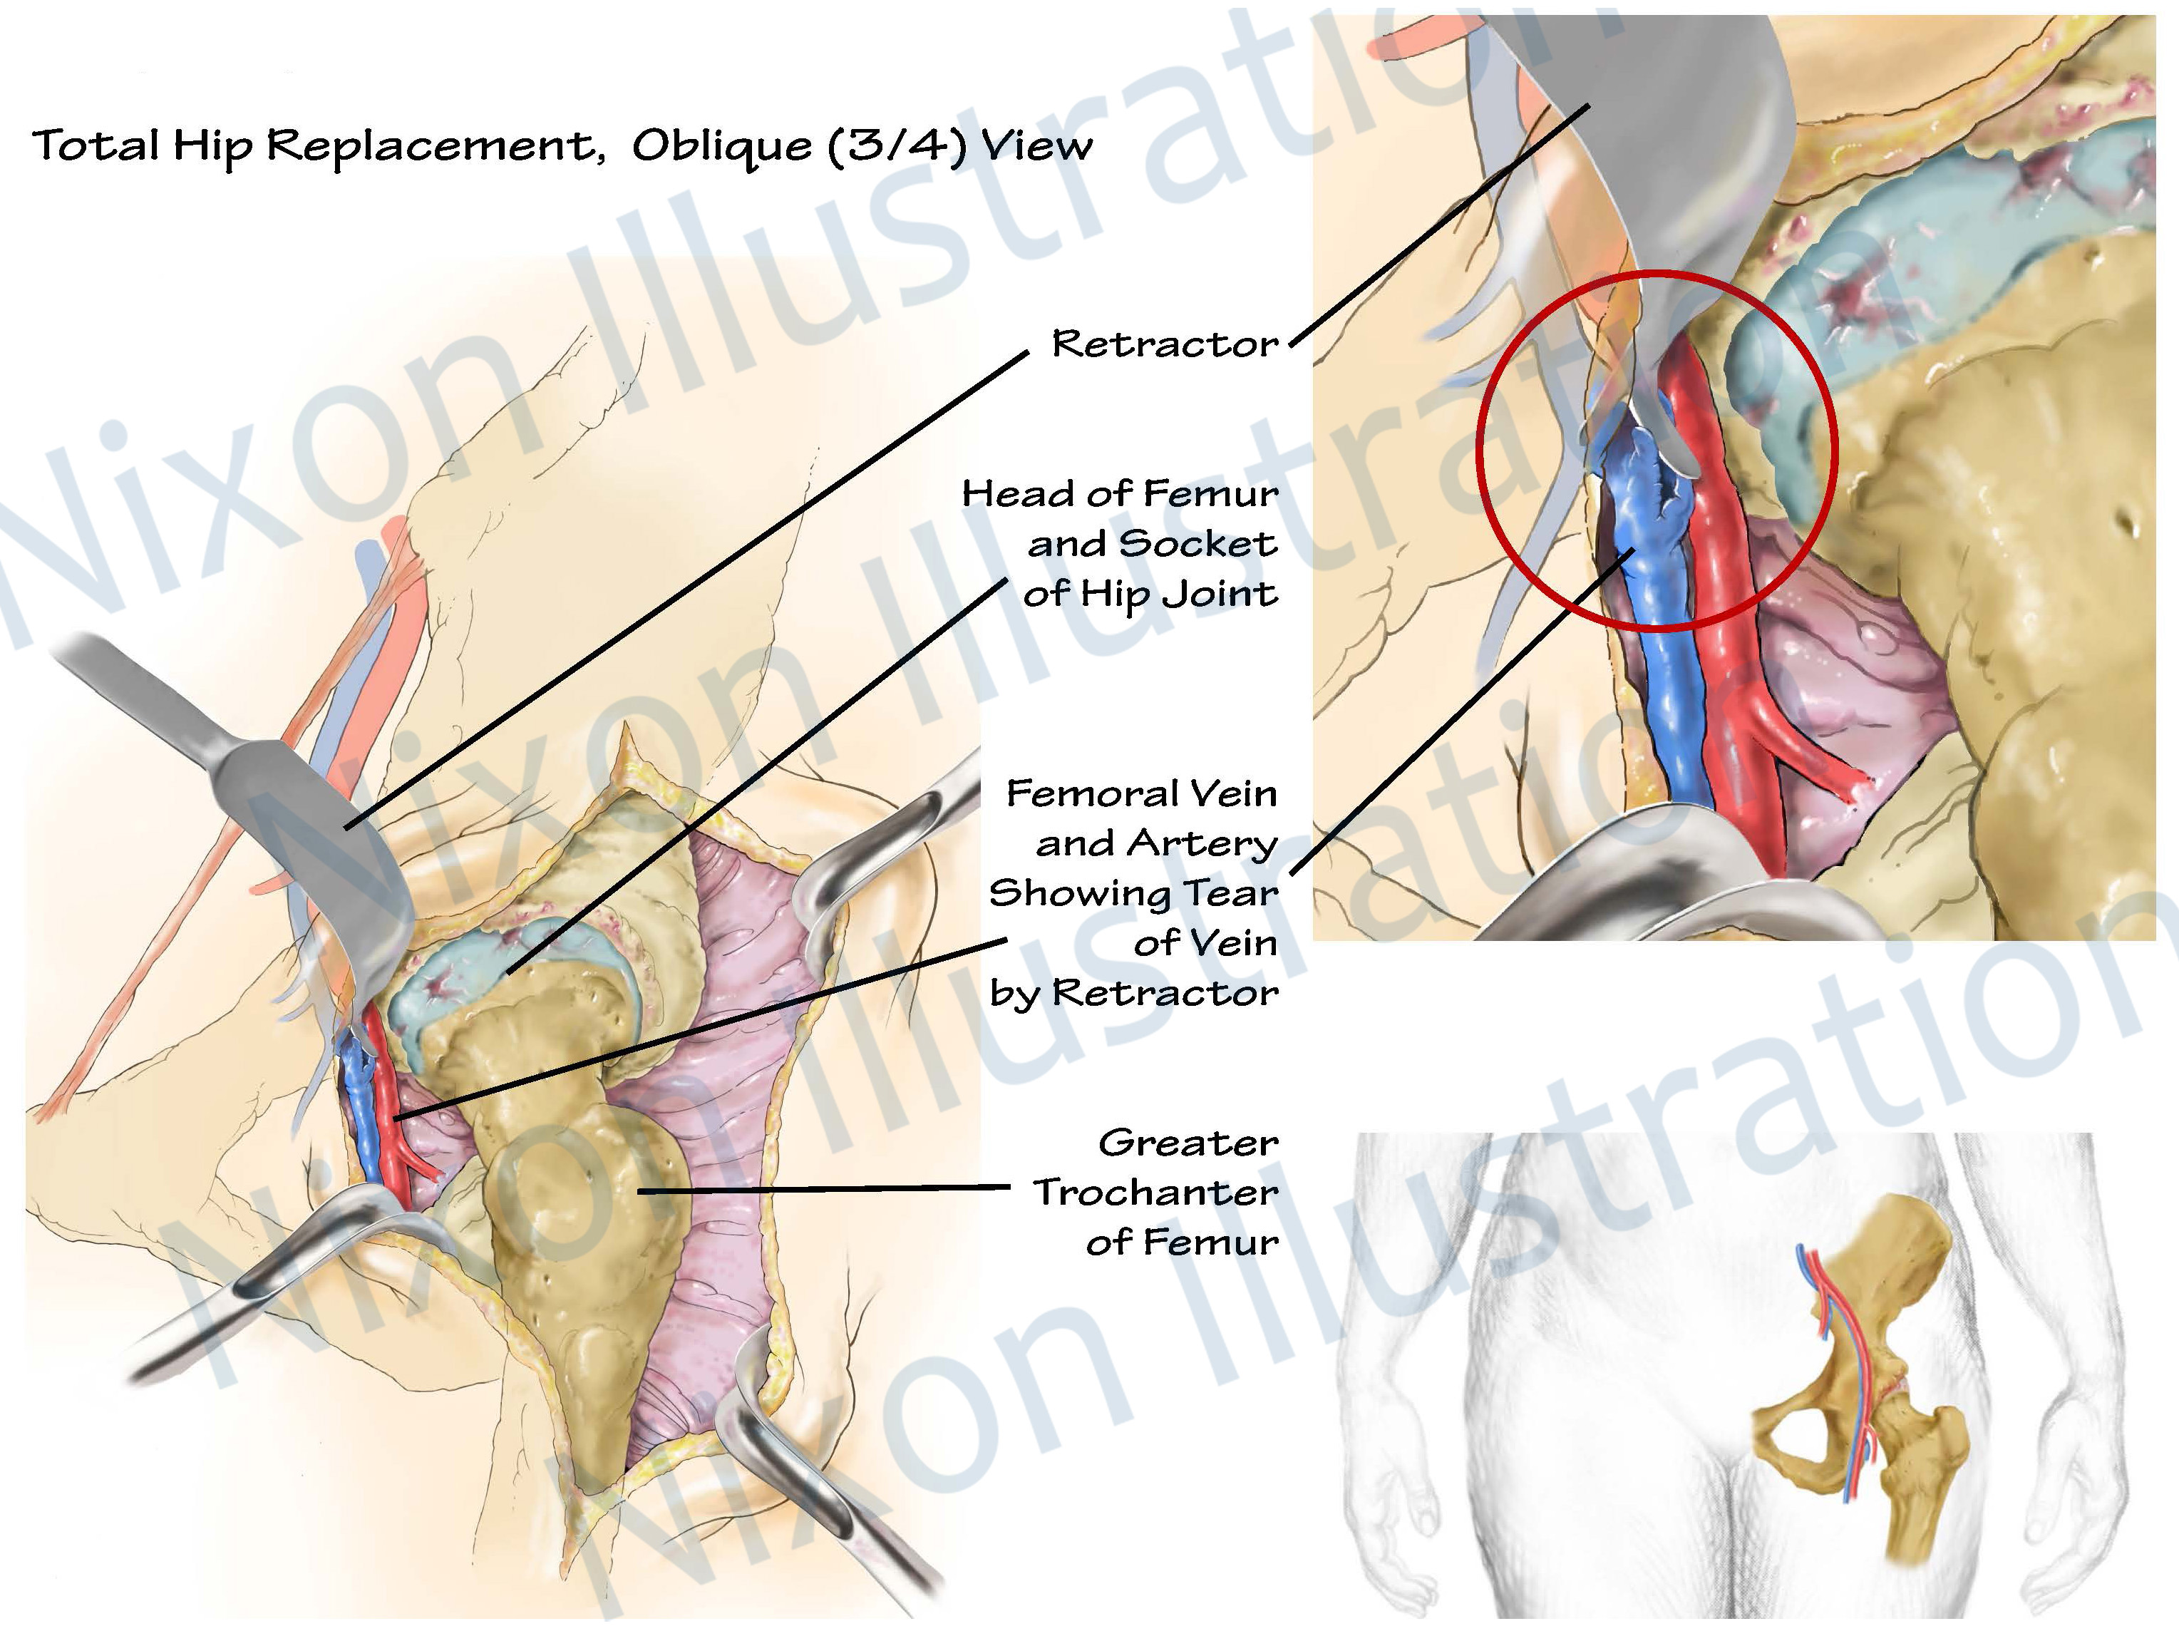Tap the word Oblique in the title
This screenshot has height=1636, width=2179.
pos(722,145)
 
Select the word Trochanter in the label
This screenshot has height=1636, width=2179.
pos(1155,1193)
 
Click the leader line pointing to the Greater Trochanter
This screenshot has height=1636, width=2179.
pos(828,1190)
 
